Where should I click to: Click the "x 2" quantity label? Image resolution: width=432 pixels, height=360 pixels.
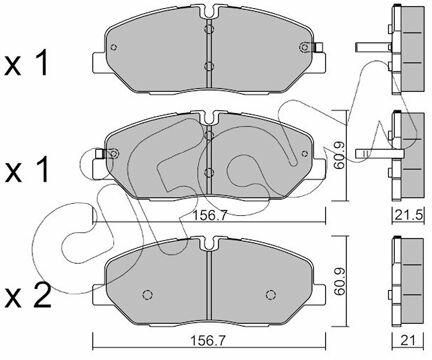pyautogui.click(x=28, y=296)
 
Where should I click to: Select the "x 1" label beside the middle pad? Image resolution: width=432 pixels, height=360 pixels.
pyautogui.click(x=27, y=170)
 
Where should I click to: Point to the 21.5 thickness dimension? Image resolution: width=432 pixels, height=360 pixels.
pyautogui.click(x=408, y=215)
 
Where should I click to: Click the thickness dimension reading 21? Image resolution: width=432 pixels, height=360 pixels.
pyautogui.click(x=408, y=340)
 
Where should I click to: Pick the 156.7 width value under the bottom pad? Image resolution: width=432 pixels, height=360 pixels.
pyautogui.click(x=207, y=341)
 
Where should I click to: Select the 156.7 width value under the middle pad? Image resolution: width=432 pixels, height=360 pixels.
pyautogui.click(x=210, y=215)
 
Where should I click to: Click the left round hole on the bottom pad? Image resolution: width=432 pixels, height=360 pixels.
pyautogui.click(x=148, y=295)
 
